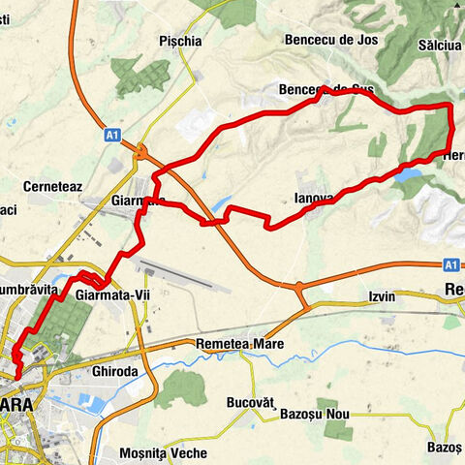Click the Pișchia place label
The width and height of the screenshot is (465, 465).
pyautogui.click(x=182, y=41)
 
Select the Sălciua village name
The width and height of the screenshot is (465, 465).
pyautogui.click(x=441, y=46)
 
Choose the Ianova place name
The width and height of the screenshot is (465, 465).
pyautogui.click(x=313, y=199)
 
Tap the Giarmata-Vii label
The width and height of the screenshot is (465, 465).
pyautogui.click(x=115, y=290)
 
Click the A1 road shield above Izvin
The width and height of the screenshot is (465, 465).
pyautogui.click(x=449, y=263)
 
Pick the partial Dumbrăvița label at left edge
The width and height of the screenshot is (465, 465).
pyautogui.click(x=29, y=290)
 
